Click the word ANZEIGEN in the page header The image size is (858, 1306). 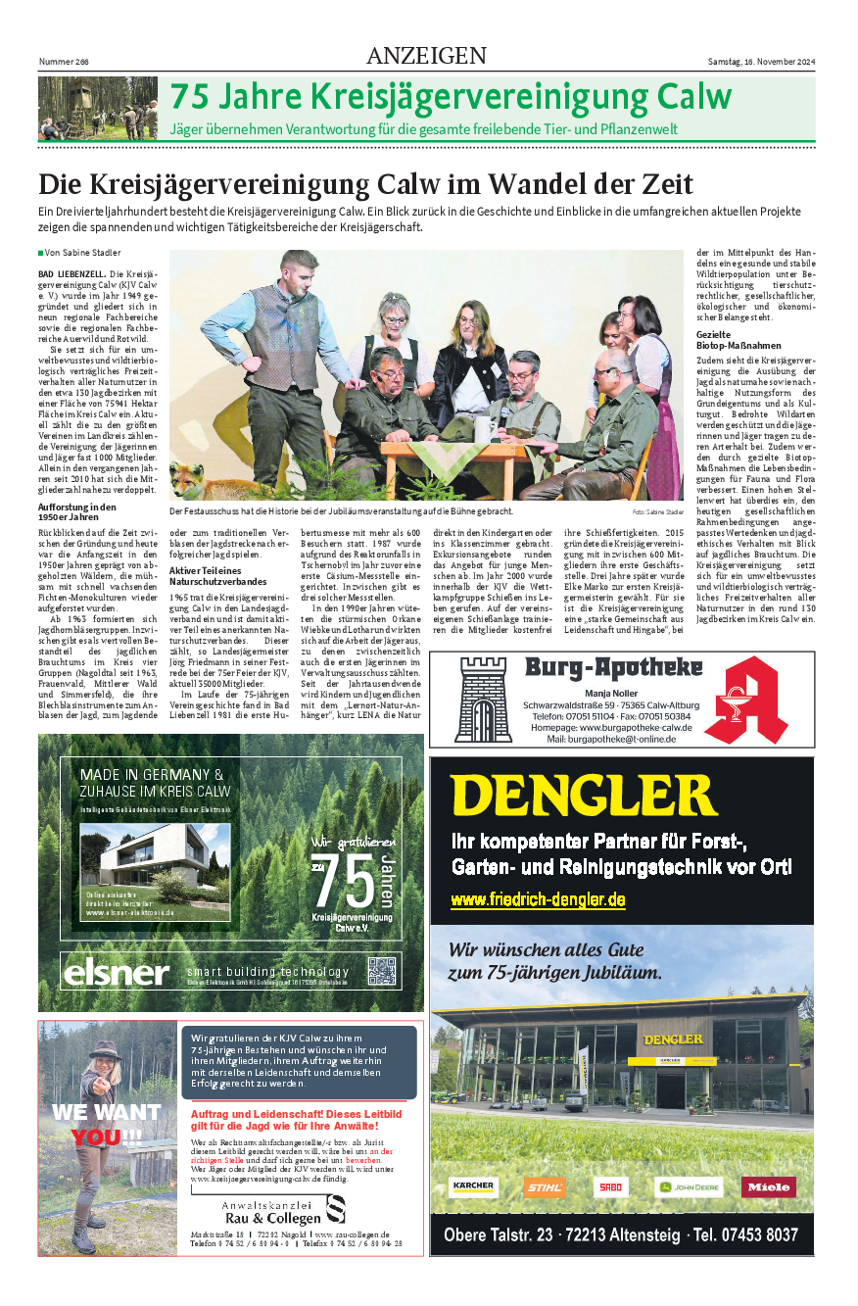(x=426, y=56)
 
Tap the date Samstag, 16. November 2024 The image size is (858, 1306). (x=761, y=62)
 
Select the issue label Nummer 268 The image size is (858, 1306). (x=64, y=62)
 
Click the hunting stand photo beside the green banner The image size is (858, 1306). (x=98, y=109)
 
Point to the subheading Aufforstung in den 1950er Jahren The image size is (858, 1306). (x=77, y=511)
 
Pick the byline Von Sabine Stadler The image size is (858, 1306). (x=82, y=253)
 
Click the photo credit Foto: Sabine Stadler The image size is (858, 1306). (x=656, y=512)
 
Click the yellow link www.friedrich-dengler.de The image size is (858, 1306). (x=538, y=899)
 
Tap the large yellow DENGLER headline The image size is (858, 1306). (x=585, y=796)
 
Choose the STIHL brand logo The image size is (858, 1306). (x=545, y=1187)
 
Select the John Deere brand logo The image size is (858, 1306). (x=689, y=1187)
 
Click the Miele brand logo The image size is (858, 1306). (x=768, y=1187)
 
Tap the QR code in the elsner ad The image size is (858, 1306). (x=384, y=970)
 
